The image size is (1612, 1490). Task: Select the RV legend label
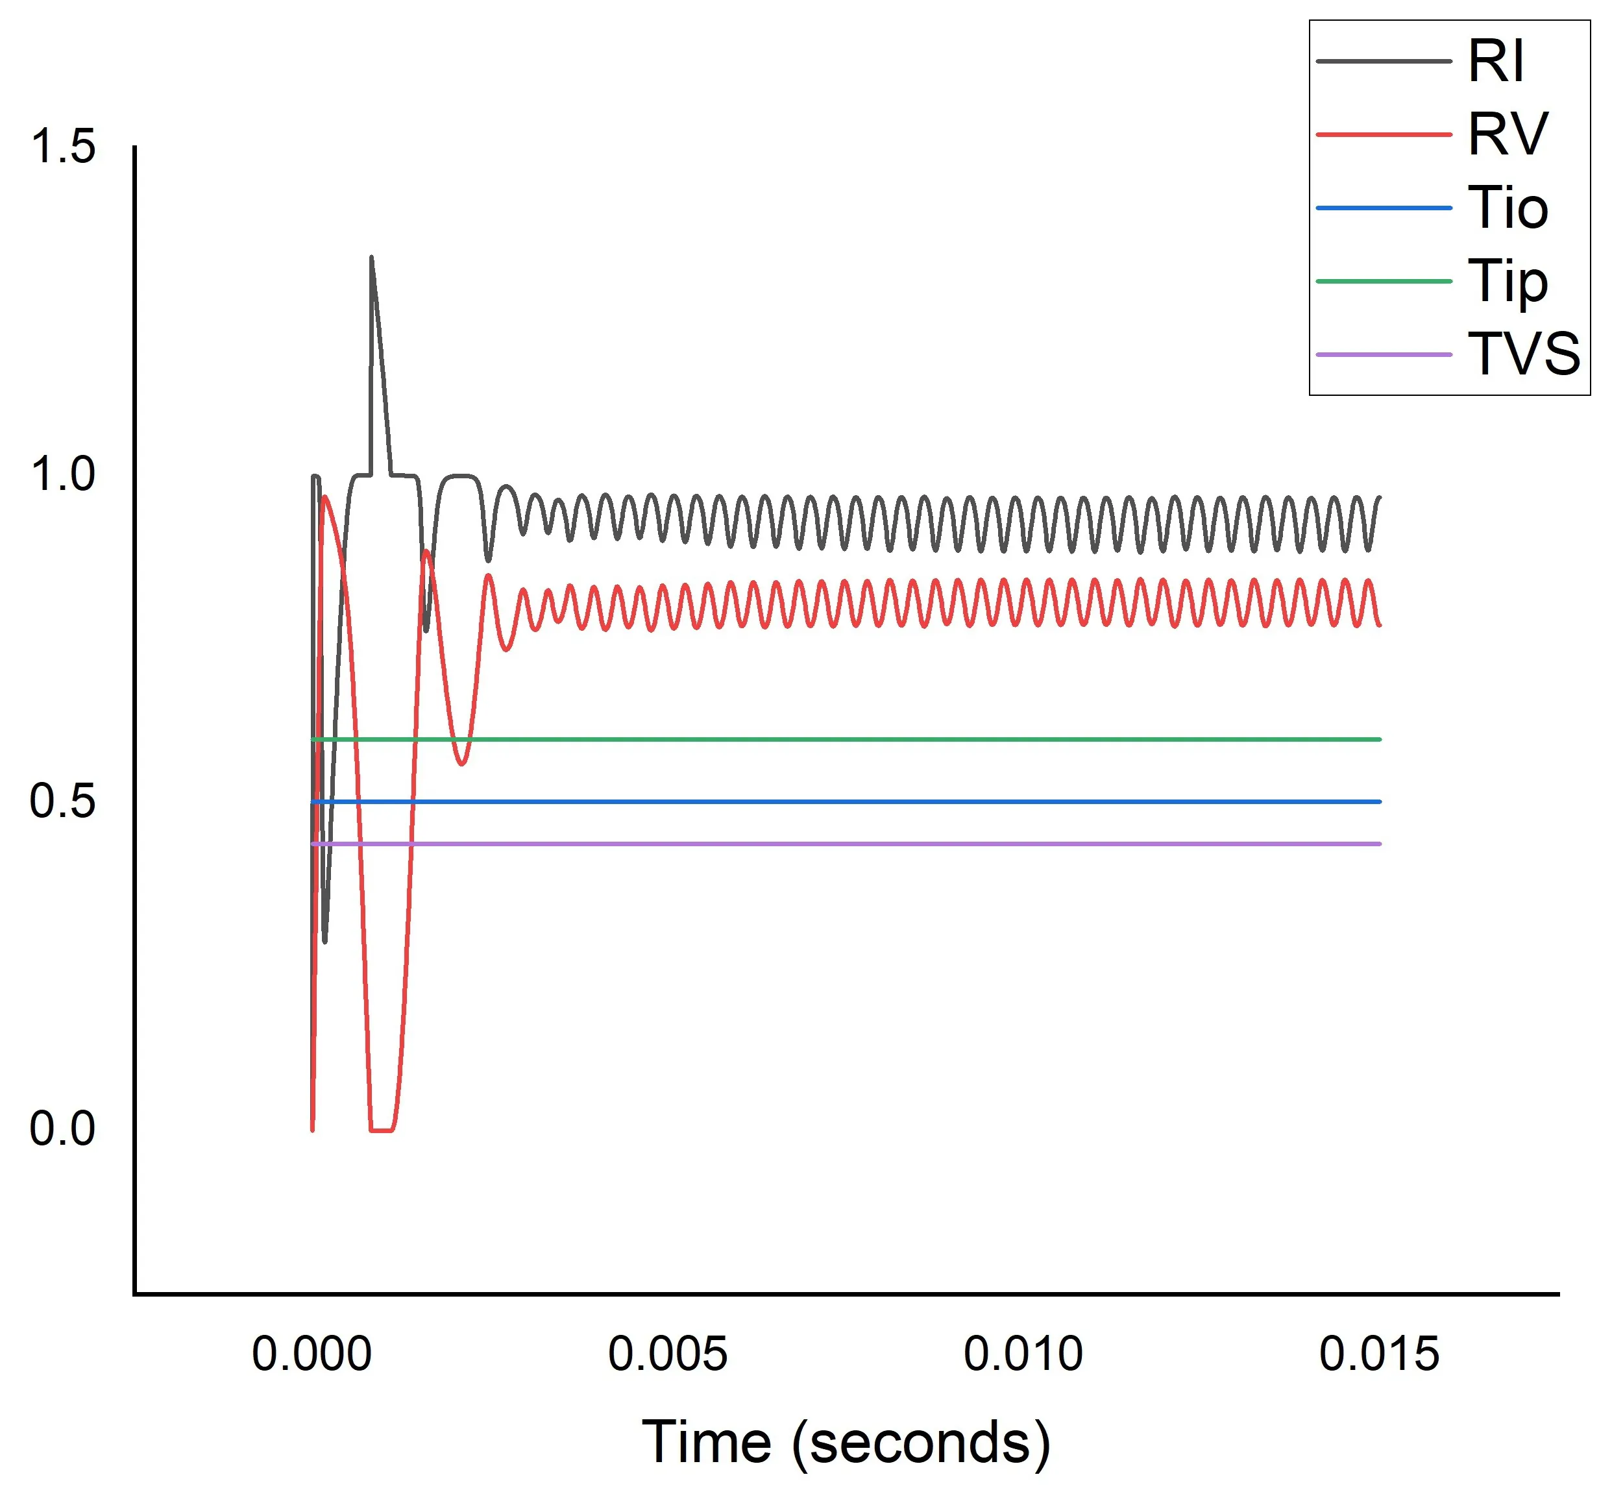click(1507, 134)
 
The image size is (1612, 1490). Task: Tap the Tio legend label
click(1507, 208)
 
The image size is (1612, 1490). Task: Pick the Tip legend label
click(1507, 282)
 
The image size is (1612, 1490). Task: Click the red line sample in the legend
click(1383, 134)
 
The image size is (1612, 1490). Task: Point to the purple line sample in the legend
click(1383, 355)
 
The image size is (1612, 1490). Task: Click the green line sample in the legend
click(1383, 282)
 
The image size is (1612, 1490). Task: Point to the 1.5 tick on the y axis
click(62, 147)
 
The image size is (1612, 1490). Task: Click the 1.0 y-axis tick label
click(62, 474)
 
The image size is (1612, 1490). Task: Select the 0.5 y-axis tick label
click(62, 801)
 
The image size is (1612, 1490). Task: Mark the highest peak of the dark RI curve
click(371, 258)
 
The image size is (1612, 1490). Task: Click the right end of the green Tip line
click(1380, 739)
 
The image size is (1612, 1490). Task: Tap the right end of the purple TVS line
click(1380, 844)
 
